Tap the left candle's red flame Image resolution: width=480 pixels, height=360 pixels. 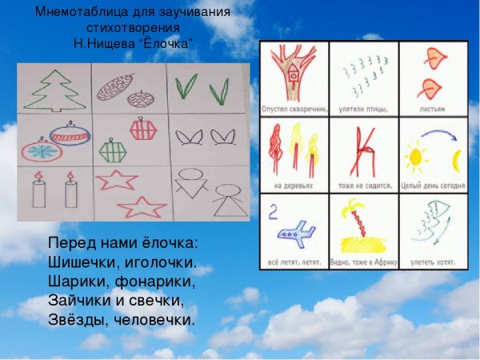tap(38, 175)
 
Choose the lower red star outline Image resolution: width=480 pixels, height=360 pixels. tap(141, 207)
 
